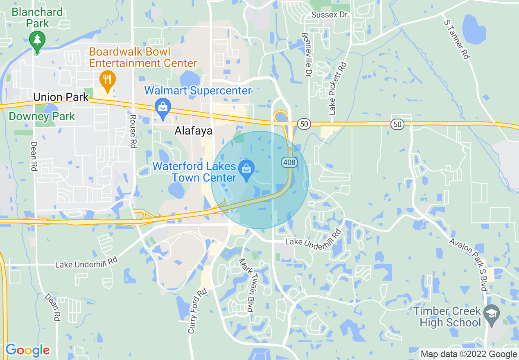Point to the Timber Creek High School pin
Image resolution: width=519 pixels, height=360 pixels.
click(490, 314)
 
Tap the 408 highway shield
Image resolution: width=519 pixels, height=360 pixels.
click(289, 162)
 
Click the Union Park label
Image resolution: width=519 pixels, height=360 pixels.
click(61, 97)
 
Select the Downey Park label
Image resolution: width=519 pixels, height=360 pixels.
click(42, 116)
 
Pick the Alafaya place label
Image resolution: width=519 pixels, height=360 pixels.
click(194, 130)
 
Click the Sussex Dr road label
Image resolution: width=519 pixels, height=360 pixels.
click(329, 15)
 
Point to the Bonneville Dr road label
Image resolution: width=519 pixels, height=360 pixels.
click(306, 55)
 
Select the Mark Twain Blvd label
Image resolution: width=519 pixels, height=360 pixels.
click(246, 285)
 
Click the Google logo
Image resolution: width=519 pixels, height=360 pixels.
click(28, 351)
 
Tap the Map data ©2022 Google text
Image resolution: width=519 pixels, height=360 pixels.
click(469, 354)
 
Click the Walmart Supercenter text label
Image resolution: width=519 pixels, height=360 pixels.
click(198, 90)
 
